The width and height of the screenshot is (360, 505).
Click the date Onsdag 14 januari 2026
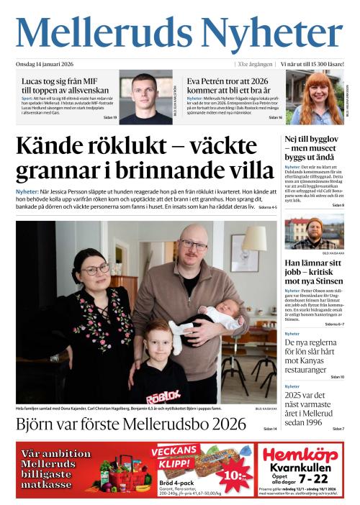coord(48,65)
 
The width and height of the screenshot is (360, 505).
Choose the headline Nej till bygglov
coord(314,148)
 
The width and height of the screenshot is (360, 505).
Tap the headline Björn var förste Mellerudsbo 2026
coord(131,424)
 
